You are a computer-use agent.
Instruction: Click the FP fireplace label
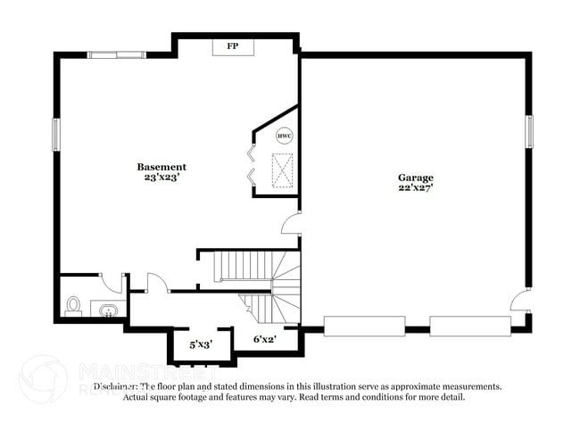pos(232,46)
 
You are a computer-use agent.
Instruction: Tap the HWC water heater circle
pos(284,137)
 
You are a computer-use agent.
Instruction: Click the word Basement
pos(162,167)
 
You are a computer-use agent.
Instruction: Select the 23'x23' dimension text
pos(162,178)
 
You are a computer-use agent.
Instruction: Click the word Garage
pos(416,178)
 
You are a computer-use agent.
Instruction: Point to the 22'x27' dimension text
pos(416,188)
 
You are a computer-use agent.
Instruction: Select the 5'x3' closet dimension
pos(201,343)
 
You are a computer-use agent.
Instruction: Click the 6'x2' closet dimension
pos(265,339)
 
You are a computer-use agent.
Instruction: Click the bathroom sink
pos(107,310)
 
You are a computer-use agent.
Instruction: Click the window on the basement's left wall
pos(56,134)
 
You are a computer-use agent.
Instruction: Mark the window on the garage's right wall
pos(529,131)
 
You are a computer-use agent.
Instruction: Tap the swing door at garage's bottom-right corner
pos(519,301)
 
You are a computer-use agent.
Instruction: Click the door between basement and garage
pos(291,223)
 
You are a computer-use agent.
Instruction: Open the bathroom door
pos(112,283)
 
